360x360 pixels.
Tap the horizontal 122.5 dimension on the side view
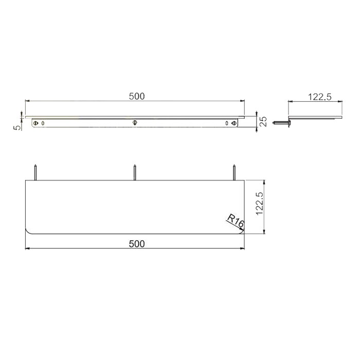319,96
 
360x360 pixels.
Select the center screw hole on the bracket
135,123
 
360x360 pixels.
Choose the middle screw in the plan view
135,171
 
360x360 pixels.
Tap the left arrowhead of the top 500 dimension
27,101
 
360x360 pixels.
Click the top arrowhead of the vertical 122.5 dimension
264,182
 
